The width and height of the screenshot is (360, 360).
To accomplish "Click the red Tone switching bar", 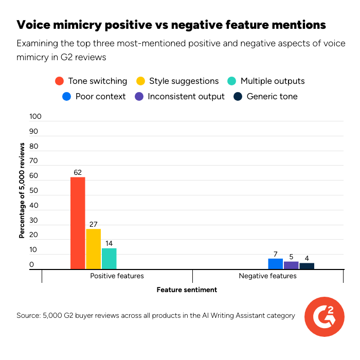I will point(78,223).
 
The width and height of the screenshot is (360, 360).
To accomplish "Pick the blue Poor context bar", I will point(275,263).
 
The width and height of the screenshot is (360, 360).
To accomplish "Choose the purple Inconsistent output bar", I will point(291,265).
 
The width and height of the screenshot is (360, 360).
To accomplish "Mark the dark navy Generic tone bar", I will point(307,266).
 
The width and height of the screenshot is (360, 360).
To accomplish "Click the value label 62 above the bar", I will point(78,173).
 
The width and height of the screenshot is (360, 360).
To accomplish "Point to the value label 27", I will point(93,225).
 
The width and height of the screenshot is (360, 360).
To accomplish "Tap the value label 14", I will point(109,244).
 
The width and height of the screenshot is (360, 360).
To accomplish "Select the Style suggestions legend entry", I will point(177,81).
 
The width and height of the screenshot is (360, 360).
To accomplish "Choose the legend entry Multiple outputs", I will point(266,81).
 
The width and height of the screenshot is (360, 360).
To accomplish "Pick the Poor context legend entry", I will point(94,96).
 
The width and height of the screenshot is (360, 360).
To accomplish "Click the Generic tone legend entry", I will point(265,96).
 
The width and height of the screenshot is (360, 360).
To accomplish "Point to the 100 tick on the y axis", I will point(35,117).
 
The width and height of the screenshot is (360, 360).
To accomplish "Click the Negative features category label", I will point(267,276).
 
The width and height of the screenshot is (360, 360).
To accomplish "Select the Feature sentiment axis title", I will point(187,290).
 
